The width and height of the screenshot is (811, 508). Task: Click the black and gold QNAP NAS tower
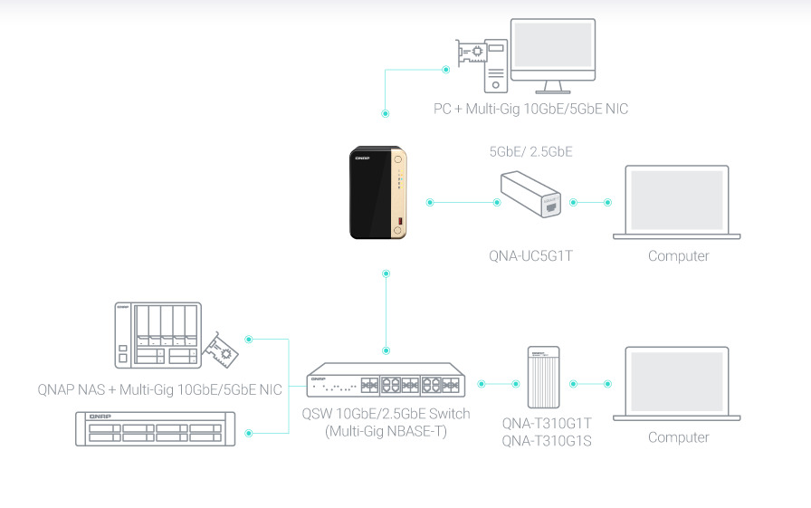tap(377, 196)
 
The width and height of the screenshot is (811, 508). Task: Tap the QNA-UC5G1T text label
tap(530, 256)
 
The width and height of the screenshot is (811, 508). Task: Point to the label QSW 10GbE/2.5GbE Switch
tap(386, 414)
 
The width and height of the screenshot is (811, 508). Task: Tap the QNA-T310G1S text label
tap(547, 443)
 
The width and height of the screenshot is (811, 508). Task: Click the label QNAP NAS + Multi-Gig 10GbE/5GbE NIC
tap(159, 390)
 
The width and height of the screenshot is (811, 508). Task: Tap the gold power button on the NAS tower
tap(397, 161)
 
